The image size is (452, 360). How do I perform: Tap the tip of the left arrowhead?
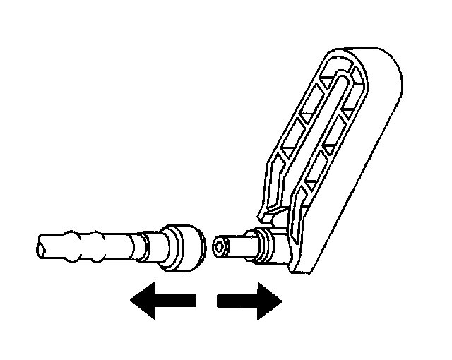[131, 301]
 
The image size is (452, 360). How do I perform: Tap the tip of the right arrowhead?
[281, 301]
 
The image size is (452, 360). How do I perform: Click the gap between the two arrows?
[206, 301]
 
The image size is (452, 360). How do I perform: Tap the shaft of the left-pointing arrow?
[177, 301]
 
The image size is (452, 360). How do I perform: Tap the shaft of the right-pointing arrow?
[233, 301]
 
